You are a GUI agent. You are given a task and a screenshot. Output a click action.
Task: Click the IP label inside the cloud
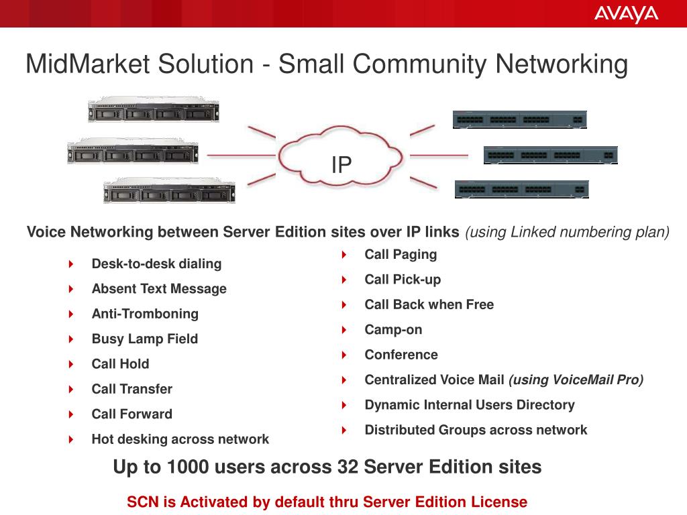tap(341, 164)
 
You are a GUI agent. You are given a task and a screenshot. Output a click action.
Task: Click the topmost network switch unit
tap(519, 119)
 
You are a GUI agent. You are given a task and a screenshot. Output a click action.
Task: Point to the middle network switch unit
tap(550, 155)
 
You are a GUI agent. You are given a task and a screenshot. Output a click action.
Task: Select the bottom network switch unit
tap(521, 189)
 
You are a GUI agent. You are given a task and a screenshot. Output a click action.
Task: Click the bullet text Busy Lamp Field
tap(145, 339)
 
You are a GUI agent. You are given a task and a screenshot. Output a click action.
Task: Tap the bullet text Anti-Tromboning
tap(145, 314)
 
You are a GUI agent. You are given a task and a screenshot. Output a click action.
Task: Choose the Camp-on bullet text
tap(393, 330)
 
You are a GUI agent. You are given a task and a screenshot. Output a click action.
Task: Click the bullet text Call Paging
tap(401, 254)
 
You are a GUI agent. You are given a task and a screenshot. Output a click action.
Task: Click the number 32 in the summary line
tap(347, 467)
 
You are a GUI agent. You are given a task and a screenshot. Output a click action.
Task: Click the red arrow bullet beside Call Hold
tap(71, 364)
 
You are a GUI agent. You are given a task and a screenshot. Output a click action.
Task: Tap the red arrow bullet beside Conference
tap(344, 355)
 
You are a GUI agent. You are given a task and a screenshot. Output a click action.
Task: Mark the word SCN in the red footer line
tap(141, 502)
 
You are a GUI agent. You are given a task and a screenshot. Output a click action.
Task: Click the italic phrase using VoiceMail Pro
tap(576, 380)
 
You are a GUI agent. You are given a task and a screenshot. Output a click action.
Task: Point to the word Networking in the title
tap(562, 64)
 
